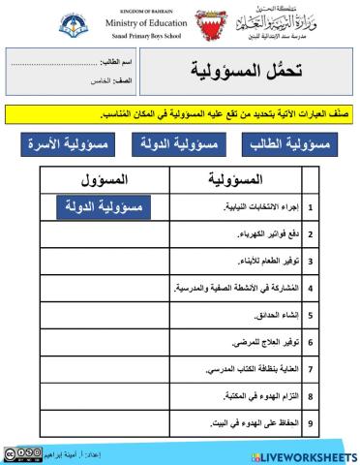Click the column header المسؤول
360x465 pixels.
[104, 180]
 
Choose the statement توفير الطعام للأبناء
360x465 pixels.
[261, 261]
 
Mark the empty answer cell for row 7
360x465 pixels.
[104, 369]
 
